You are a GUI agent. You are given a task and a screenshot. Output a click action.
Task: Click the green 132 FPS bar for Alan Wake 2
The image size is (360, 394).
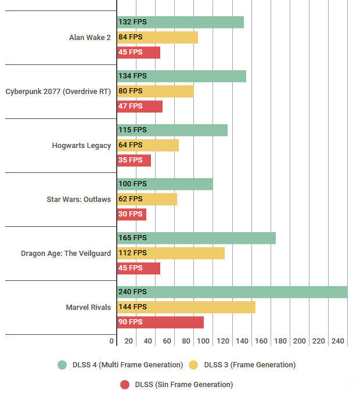(180, 22)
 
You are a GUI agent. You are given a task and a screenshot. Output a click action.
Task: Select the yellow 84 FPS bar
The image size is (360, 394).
(157, 37)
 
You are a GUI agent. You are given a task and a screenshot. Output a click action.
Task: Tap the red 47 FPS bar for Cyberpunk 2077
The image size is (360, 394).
(140, 106)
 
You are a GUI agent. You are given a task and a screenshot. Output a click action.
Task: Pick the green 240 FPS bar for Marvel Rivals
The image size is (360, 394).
(232, 292)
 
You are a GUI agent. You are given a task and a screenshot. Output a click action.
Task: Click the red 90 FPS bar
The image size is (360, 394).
(160, 322)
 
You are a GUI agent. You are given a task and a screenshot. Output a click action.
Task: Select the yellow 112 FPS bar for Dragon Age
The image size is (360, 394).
(171, 253)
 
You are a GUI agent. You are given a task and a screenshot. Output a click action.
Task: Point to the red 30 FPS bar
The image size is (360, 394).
(132, 214)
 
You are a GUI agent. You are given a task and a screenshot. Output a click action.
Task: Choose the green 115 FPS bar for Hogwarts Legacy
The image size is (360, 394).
(172, 130)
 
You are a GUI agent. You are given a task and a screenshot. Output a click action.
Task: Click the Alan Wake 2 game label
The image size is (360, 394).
(90, 38)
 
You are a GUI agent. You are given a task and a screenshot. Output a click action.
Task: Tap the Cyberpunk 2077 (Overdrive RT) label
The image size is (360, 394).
(58, 91)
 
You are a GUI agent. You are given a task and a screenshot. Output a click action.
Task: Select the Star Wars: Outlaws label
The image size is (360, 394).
(78, 199)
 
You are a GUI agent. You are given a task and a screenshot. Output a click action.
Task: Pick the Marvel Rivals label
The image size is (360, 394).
(88, 307)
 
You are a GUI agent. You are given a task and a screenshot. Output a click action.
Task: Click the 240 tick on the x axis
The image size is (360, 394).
(338, 341)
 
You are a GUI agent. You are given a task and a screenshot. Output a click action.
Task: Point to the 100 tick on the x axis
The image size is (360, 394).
(203, 341)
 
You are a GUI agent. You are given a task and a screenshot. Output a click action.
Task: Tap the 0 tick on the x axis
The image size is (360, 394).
(112, 341)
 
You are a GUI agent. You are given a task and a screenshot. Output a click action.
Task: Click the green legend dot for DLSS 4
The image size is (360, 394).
(62, 365)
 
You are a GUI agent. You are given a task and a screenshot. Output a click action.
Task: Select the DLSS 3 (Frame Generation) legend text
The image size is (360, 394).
(250, 365)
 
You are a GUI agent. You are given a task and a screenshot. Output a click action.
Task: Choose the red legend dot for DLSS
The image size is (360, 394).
(125, 384)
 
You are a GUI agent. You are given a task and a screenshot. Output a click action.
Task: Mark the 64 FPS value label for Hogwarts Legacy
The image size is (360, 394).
(131, 145)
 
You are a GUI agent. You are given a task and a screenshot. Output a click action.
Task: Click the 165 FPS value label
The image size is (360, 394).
(132, 238)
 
